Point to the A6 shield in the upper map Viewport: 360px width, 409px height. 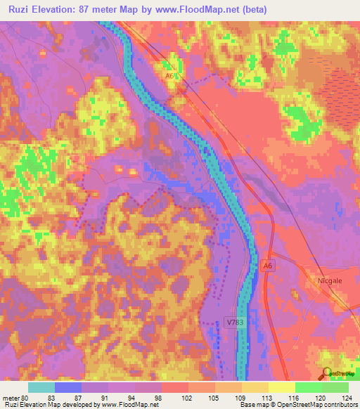(169, 76)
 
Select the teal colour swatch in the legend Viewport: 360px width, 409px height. (41, 387)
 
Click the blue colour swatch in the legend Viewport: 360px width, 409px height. (68, 387)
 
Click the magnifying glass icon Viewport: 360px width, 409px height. (326, 372)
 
